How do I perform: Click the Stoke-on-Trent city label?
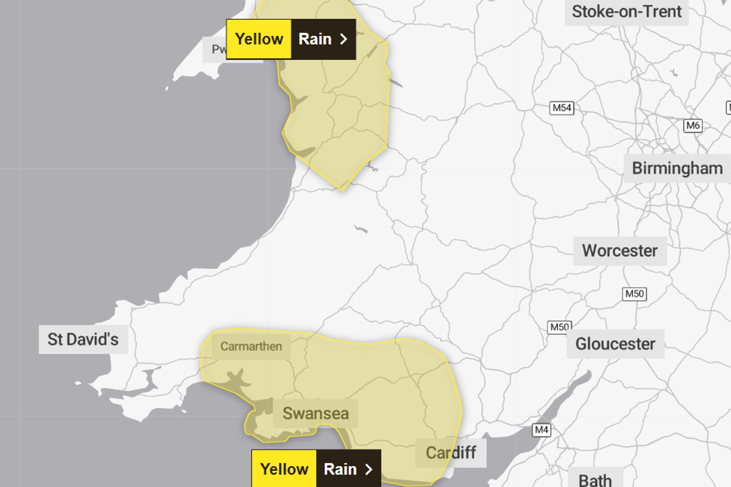[627, 11]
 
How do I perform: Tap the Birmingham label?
[677, 168]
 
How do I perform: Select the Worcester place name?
[620, 250]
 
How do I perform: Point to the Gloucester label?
[615, 344]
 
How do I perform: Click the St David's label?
[83, 338]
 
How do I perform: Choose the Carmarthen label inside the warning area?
[251, 346]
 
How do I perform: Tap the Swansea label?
[316, 414]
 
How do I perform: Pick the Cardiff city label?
[451, 452]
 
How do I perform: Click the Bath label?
[595, 480]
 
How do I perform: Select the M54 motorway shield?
[562, 108]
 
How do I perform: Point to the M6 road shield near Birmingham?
[693, 126]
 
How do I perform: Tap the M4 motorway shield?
[542, 430]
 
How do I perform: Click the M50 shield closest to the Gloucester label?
[559, 327]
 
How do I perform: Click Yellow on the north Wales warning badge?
[259, 39]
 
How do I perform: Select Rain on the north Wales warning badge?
[315, 39]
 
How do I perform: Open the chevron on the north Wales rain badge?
[344, 39]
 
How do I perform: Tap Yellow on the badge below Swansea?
[284, 469]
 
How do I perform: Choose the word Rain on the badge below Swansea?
[340, 469]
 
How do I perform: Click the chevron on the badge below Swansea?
[369, 469]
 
